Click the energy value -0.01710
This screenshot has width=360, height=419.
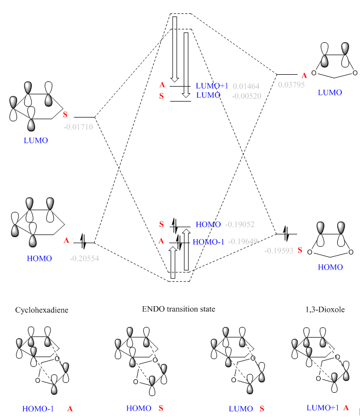click(x=78, y=127)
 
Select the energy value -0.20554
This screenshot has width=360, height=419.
click(x=84, y=258)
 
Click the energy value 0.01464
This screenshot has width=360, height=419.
click(x=247, y=86)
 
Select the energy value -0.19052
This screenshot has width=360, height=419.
click(x=240, y=225)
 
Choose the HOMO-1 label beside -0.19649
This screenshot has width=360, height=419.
click(x=208, y=241)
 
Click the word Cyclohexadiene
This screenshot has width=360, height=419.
click(x=42, y=310)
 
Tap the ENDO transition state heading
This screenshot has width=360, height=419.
click(x=178, y=309)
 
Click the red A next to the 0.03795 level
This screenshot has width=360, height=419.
click(x=304, y=76)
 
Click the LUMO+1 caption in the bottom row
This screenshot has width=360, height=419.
click(x=322, y=408)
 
